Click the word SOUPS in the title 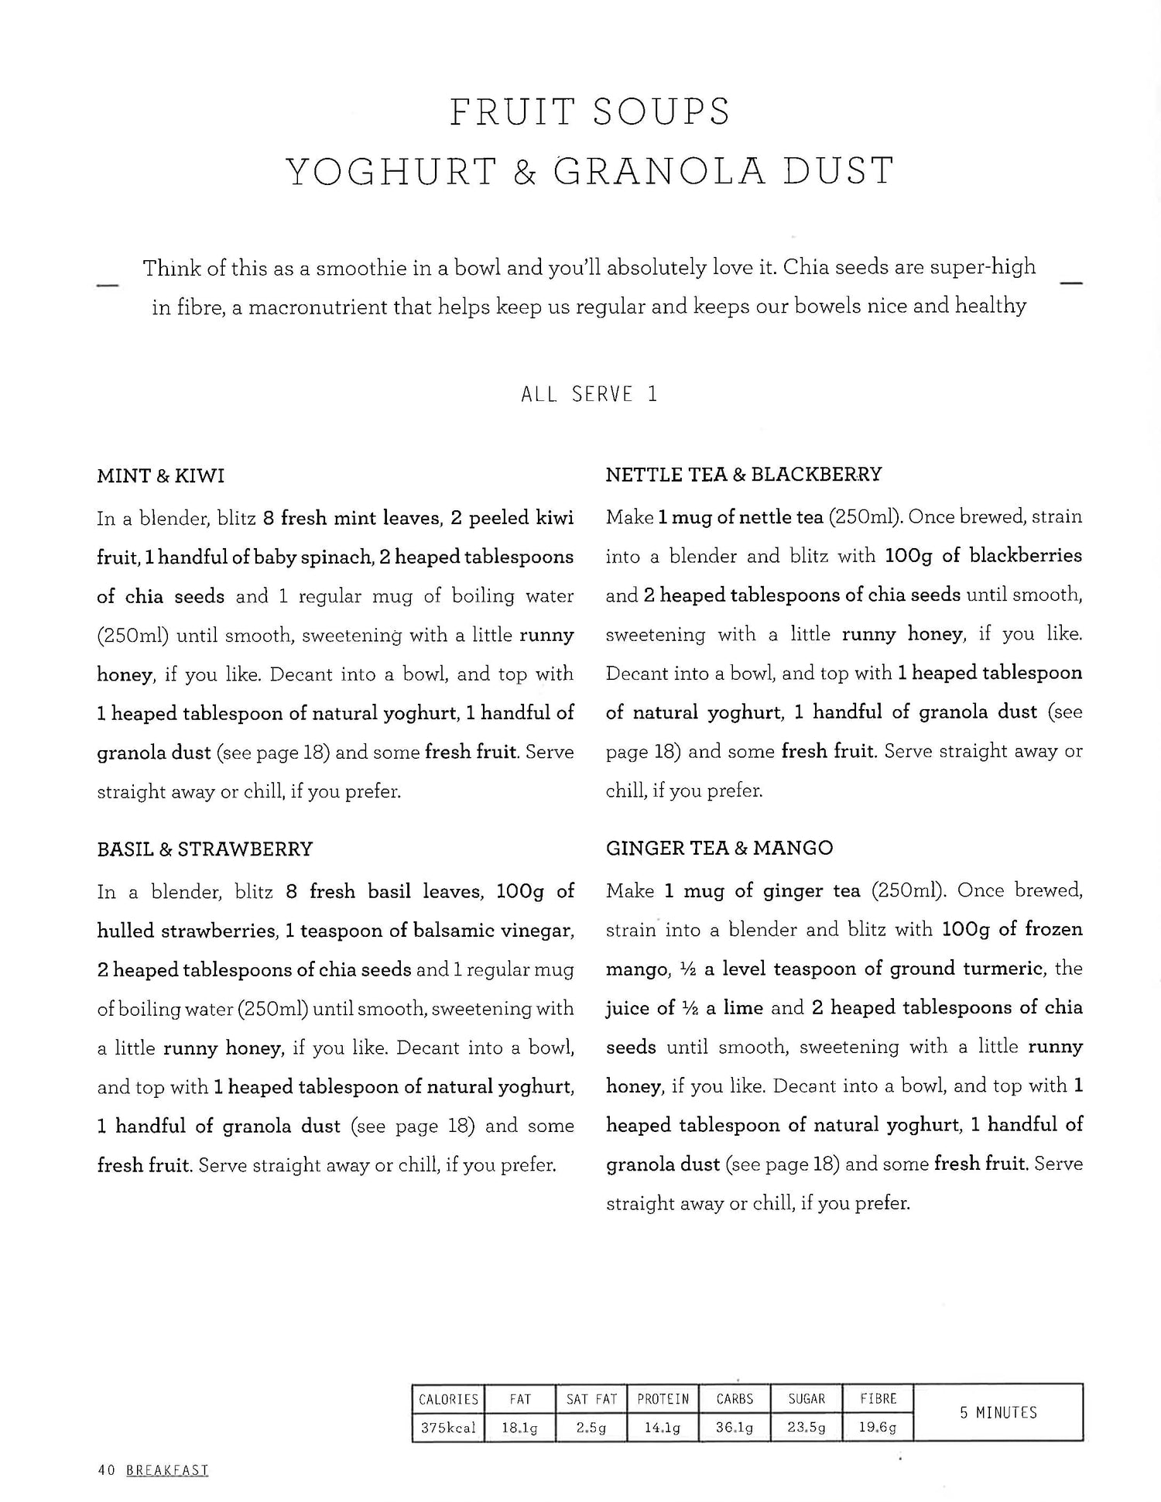661,111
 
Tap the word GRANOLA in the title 660,171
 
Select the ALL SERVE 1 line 589,394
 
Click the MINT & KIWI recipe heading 160,475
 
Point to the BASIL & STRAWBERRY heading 204,849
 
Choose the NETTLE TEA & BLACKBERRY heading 743,474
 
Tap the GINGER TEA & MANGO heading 719,848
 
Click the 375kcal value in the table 448,1428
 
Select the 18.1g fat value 520,1428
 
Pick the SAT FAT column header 591,1399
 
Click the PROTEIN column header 663,1399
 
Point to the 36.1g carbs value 735,1428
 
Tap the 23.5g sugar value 807,1428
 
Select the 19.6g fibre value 878,1428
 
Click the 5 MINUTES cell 998,1413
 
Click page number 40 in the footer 107,1470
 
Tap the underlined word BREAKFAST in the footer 166,1470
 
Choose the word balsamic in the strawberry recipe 448,931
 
